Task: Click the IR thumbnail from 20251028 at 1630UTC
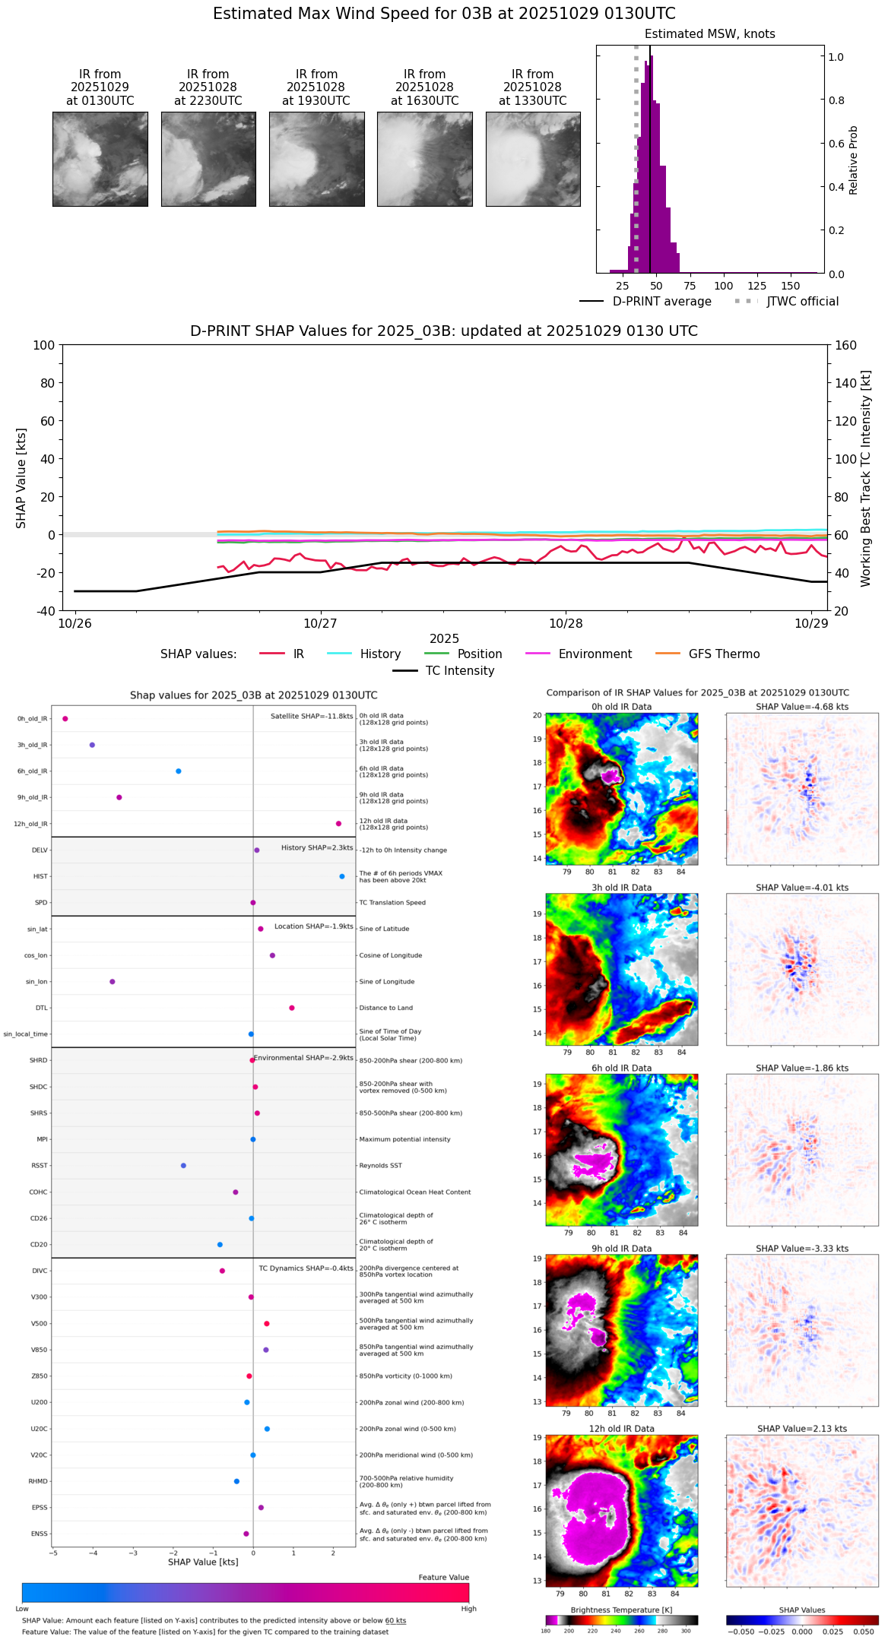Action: (x=424, y=159)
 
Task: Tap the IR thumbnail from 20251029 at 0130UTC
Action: (x=100, y=159)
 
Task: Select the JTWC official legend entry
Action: (x=802, y=302)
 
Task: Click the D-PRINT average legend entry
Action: (x=661, y=302)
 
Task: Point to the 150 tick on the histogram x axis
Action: (x=791, y=286)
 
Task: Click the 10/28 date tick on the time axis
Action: (x=566, y=623)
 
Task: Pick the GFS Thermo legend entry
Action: (x=724, y=654)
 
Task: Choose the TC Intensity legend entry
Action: (x=459, y=671)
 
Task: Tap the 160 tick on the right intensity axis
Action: (x=846, y=345)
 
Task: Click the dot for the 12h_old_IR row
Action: (x=338, y=824)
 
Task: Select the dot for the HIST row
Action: (x=341, y=876)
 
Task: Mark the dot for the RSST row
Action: (x=183, y=1166)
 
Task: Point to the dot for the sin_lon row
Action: (x=112, y=982)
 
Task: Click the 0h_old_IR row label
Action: (x=32, y=719)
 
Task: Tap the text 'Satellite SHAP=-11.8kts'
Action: (x=312, y=717)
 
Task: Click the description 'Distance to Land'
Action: (x=385, y=1008)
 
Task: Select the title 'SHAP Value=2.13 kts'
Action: (x=801, y=1429)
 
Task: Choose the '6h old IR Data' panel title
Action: (x=621, y=1068)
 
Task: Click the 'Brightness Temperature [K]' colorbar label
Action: (x=621, y=1610)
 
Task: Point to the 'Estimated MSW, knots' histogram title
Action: (x=709, y=34)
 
